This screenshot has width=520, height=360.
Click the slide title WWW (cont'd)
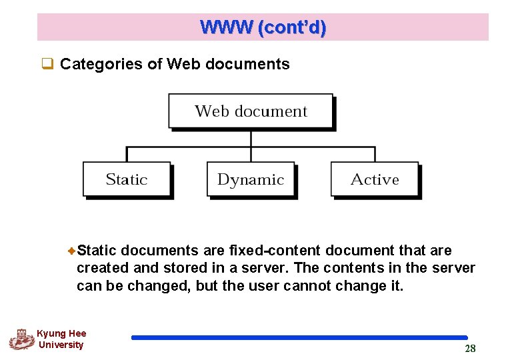(x=263, y=27)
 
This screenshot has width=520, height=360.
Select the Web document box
(x=251, y=111)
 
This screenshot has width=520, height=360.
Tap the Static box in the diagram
(x=127, y=179)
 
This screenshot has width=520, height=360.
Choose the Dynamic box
(x=251, y=179)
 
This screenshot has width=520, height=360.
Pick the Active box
(x=375, y=179)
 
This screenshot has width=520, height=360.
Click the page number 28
(x=470, y=349)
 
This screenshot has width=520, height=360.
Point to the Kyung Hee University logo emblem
(x=21, y=339)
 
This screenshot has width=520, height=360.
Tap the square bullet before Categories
(x=47, y=64)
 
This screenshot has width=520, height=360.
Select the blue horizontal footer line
(x=299, y=338)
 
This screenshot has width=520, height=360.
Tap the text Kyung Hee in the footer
(x=61, y=333)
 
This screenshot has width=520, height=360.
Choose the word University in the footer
(x=61, y=345)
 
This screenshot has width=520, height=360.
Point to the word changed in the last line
(x=157, y=286)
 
